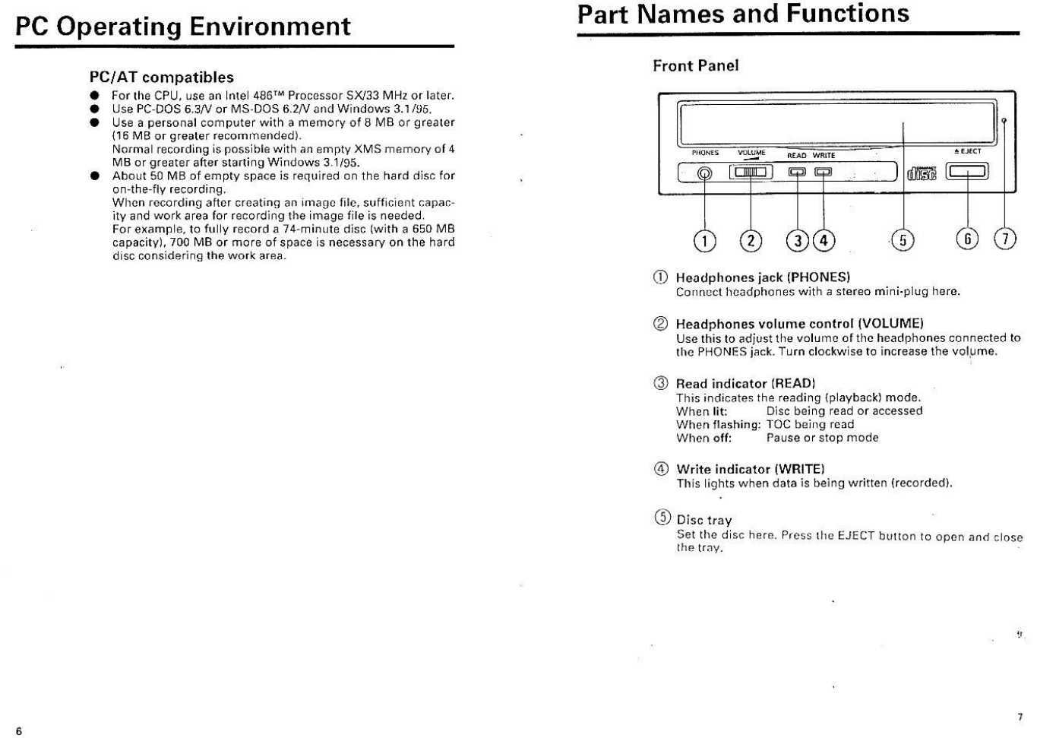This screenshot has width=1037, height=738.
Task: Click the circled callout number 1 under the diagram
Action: (x=705, y=240)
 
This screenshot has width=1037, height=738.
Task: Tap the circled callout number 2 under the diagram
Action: (x=751, y=240)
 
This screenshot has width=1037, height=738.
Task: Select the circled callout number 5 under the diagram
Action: (x=902, y=240)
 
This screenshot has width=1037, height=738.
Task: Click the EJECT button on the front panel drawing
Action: (x=966, y=172)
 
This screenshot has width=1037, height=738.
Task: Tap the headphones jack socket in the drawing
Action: (x=705, y=173)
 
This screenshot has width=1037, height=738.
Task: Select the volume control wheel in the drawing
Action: (x=751, y=172)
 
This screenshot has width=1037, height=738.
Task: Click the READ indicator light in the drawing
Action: (x=797, y=172)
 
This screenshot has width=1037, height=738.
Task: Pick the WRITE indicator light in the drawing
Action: (x=824, y=172)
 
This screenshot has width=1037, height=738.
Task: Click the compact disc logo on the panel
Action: (x=922, y=173)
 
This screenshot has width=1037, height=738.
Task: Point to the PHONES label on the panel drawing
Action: (x=705, y=153)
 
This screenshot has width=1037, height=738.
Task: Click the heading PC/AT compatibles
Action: (x=161, y=77)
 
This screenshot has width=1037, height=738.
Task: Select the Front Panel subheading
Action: (x=695, y=65)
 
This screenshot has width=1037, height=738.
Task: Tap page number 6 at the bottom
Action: (x=19, y=731)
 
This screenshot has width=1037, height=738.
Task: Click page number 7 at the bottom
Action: (x=1020, y=717)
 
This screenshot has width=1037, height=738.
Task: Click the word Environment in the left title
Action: (x=270, y=27)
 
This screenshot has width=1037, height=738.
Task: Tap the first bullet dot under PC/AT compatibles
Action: (x=94, y=96)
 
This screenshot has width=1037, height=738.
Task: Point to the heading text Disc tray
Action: (x=703, y=520)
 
